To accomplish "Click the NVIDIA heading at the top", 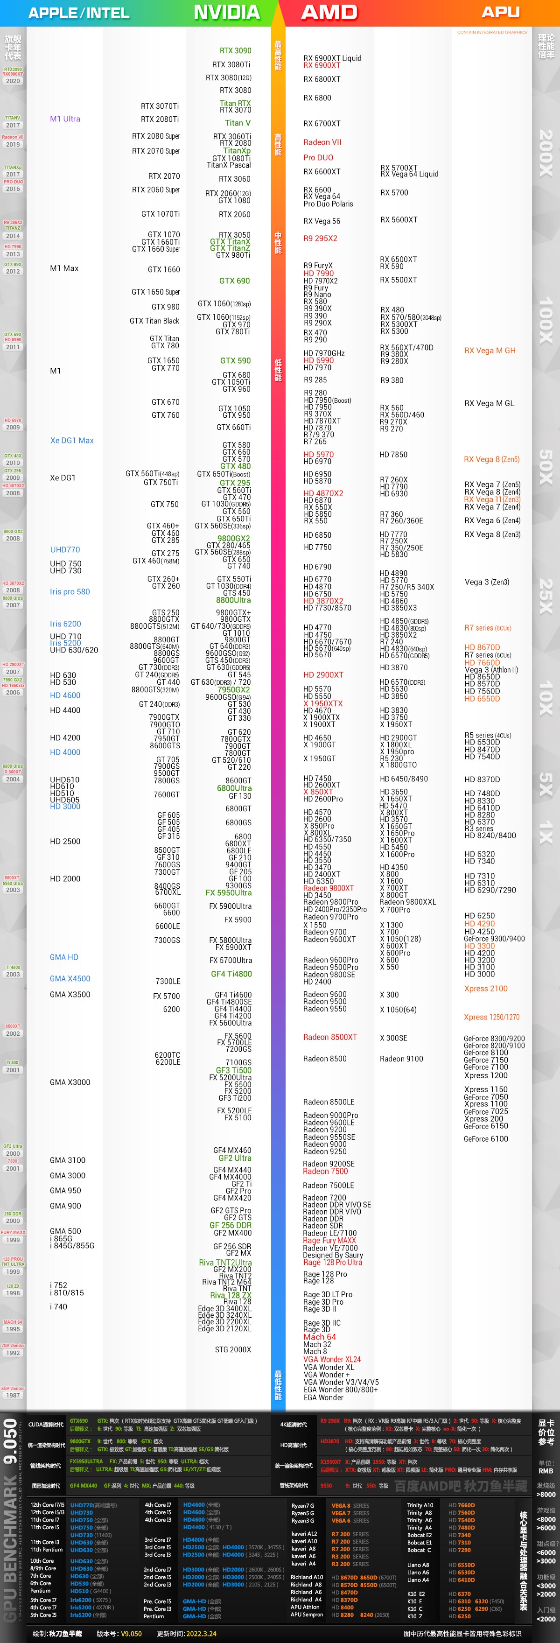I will pyautogui.click(x=226, y=12).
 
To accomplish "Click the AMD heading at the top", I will pyautogui.click(x=329, y=12).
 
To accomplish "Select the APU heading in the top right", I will pyautogui.click(x=500, y=12).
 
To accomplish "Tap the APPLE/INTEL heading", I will pyautogui.click(x=78, y=13).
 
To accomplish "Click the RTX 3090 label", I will pyautogui.click(x=235, y=51).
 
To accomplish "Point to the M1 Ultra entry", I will pyautogui.click(x=65, y=119).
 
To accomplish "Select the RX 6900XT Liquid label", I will pyautogui.click(x=332, y=58).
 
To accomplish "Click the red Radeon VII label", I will pyautogui.click(x=322, y=142).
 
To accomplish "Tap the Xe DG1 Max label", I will pyautogui.click(x=72, y=440).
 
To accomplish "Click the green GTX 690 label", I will pyautogui.click(x=234, y=281).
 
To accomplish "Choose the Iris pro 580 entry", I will pyautogui.click(x=70, y=591).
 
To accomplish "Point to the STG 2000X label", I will pyautogui.click(x=233, y=1349).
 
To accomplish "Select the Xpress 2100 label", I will pyautogui.click(x=485, y=988).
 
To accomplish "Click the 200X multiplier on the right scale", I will pyautogui.click(x=546, y=153).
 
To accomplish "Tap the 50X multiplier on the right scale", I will pyautogui.click(x=546, y=467).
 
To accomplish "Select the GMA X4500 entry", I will pyautogui.click(x=70, y=978).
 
